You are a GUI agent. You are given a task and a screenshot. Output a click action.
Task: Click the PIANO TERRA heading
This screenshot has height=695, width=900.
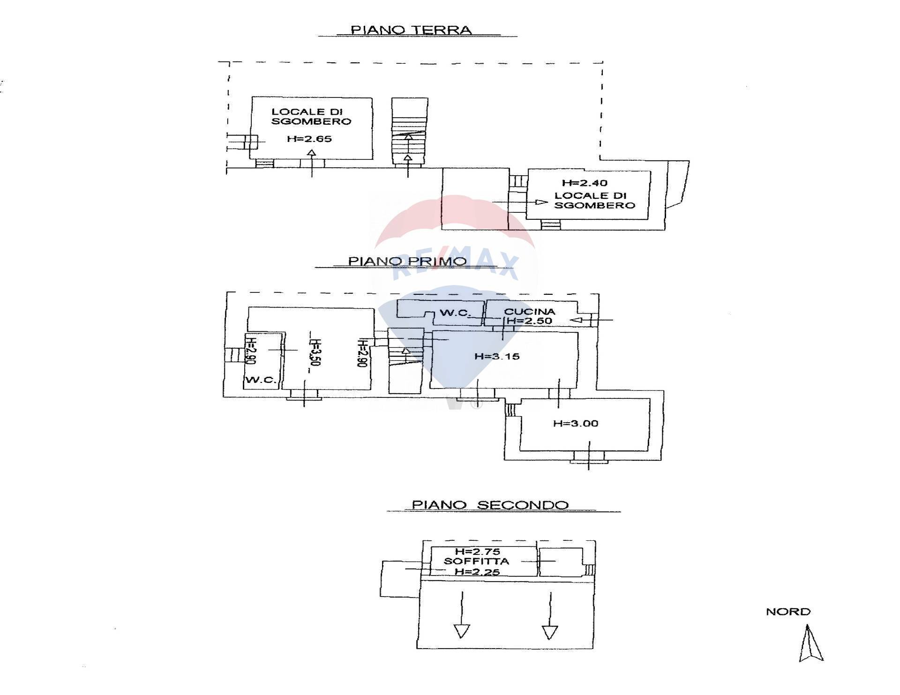[x=411, y=30]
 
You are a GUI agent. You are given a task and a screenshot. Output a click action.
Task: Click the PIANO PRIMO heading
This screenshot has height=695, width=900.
[x=407, y=261]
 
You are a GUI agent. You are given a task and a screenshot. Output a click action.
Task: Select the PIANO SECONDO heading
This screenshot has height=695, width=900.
[x=490, y=505]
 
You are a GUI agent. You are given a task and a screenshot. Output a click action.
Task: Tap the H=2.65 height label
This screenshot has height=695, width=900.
[x=309, y=139]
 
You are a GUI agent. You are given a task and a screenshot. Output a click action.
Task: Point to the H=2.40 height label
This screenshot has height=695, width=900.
[x=585, y=183]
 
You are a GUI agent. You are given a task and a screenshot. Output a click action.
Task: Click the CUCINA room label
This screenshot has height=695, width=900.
[x=529, y=312]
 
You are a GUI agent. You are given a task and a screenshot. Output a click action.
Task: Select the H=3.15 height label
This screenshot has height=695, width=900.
[x=497, y=357]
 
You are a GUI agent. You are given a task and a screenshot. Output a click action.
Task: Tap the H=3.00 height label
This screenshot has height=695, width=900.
[x=576, y=424]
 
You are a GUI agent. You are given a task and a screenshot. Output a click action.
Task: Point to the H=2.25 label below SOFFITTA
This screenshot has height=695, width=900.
[x=477, y=572]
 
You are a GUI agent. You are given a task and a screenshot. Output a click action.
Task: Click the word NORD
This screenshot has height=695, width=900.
[x=788, y=612]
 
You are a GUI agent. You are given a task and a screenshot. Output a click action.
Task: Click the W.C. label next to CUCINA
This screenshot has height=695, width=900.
[x=455, y=313]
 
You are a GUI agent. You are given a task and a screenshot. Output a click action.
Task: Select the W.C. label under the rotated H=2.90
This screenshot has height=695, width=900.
[x=261, y=380]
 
